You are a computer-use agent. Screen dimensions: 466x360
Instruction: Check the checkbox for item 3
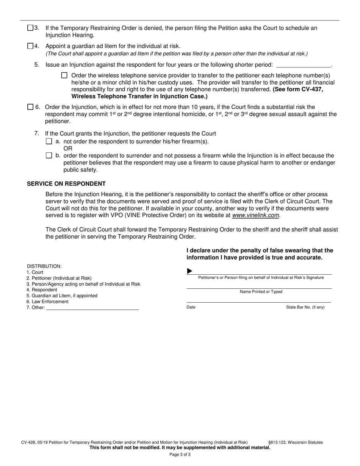tap(30, 28)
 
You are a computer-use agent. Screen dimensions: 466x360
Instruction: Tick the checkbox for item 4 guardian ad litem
tap(30, 46)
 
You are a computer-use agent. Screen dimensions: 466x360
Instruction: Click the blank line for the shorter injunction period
tap(304, 65)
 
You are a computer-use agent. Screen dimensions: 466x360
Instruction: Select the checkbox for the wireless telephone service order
tap(64, 75)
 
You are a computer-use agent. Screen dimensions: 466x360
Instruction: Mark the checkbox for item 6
tap(30, 107)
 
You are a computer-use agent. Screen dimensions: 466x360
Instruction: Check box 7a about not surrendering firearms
tap(49, 141)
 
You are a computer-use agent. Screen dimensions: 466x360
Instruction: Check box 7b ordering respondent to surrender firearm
tap(49, 155)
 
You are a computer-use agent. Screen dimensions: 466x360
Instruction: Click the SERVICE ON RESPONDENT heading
tap(66, 184)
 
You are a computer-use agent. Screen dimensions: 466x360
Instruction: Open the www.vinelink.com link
tap(256, 215)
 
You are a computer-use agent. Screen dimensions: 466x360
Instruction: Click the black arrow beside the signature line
tap(190, 271)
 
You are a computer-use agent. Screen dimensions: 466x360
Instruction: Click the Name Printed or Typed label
tap(261, 292)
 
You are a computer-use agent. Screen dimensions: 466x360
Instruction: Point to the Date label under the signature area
tap(191, 307)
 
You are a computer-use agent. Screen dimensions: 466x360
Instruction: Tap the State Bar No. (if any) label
tap(305, 307)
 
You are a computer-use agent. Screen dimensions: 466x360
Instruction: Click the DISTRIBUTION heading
tap(44, 266)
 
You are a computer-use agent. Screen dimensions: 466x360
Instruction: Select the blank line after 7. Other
tap(92, 308)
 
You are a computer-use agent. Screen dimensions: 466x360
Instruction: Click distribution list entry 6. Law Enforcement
tap(47, 302)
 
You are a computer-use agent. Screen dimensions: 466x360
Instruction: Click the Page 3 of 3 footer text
tap(180, 455)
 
